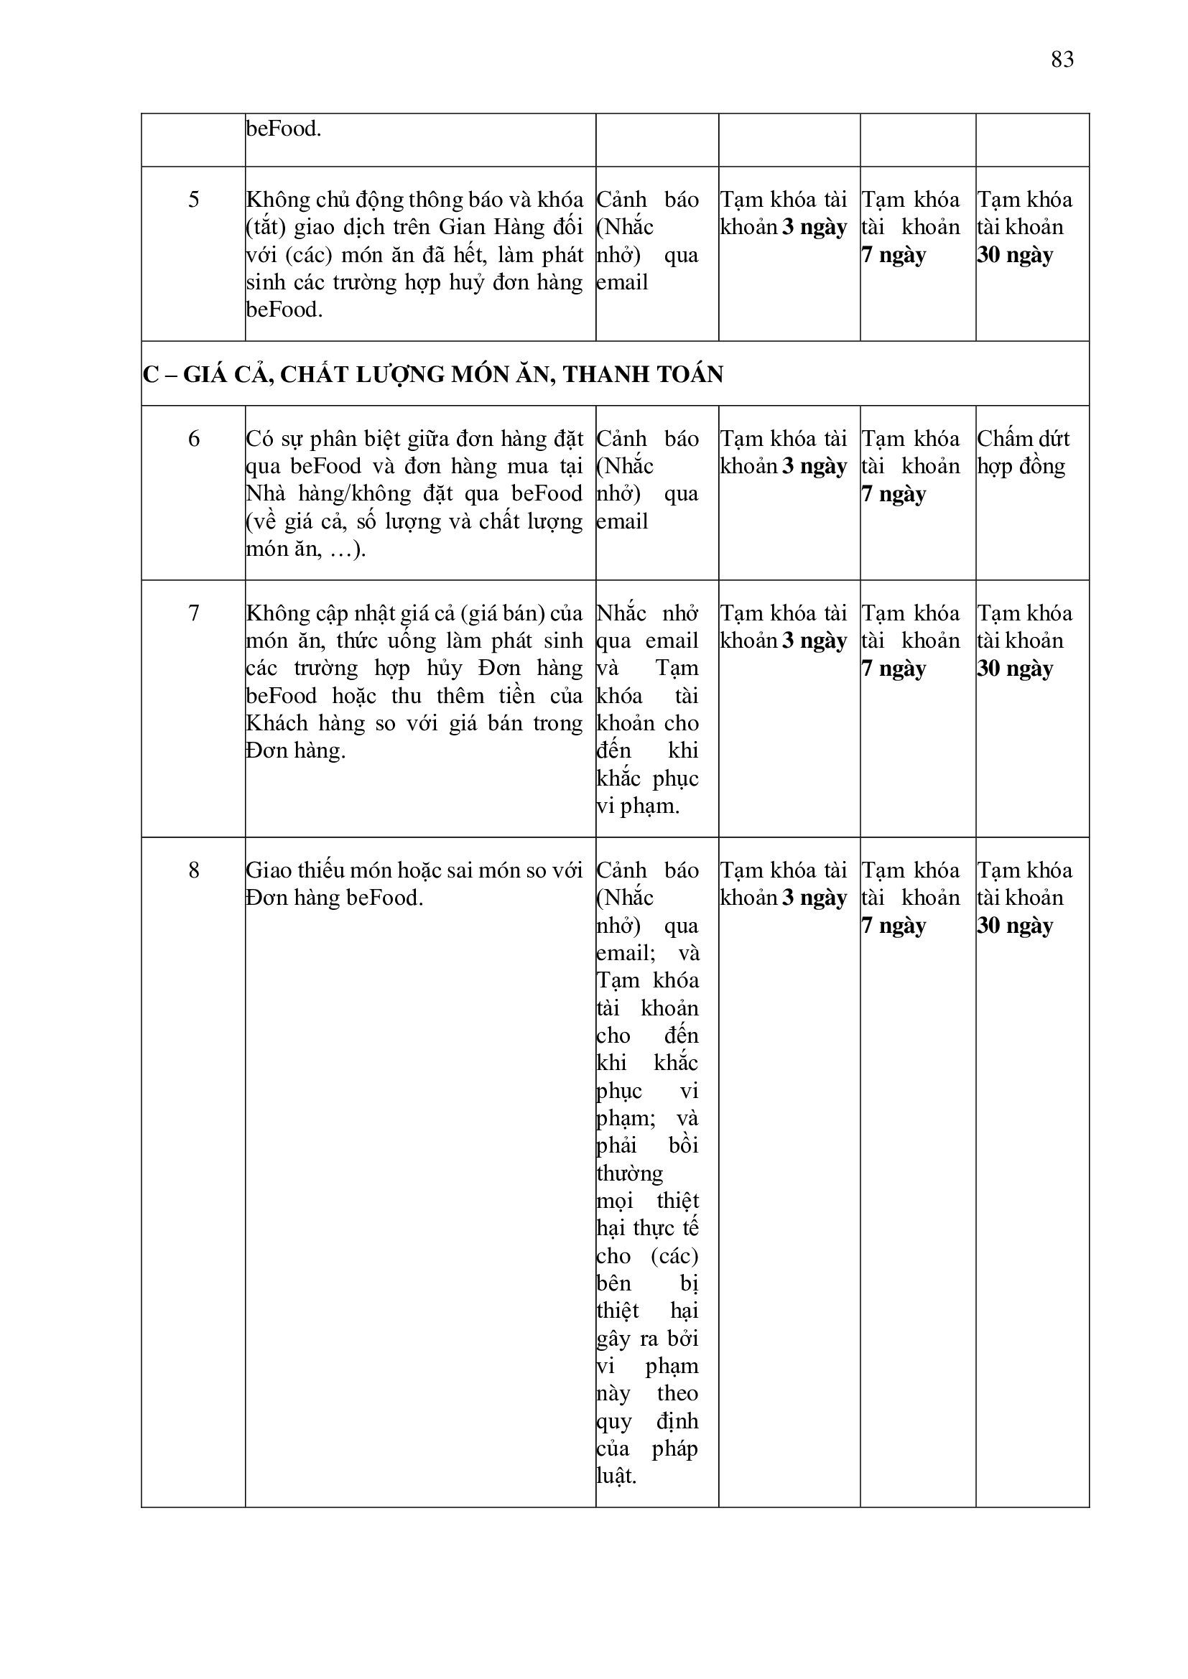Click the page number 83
tap(1062, 59)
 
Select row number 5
tap(193, 200)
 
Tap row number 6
tap(193, 439)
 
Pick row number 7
tap(193, 613)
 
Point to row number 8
tap(193, 870)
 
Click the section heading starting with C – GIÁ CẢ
tap(433, 374)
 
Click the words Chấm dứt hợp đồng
tap(1023, 452)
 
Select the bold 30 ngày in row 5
tap(1016, 255)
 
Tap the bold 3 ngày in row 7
tap(815, 641)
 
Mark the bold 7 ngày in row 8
tap(894, 926)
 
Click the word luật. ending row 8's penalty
tap(617, 1476)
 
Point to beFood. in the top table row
tap(284, 129)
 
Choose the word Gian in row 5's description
tap(465, 228)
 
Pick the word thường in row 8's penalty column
tap(630, 1173)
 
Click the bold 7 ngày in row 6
tap(894, 494)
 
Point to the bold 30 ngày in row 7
tap(1016, 669)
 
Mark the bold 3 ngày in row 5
tap(815, 228)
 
